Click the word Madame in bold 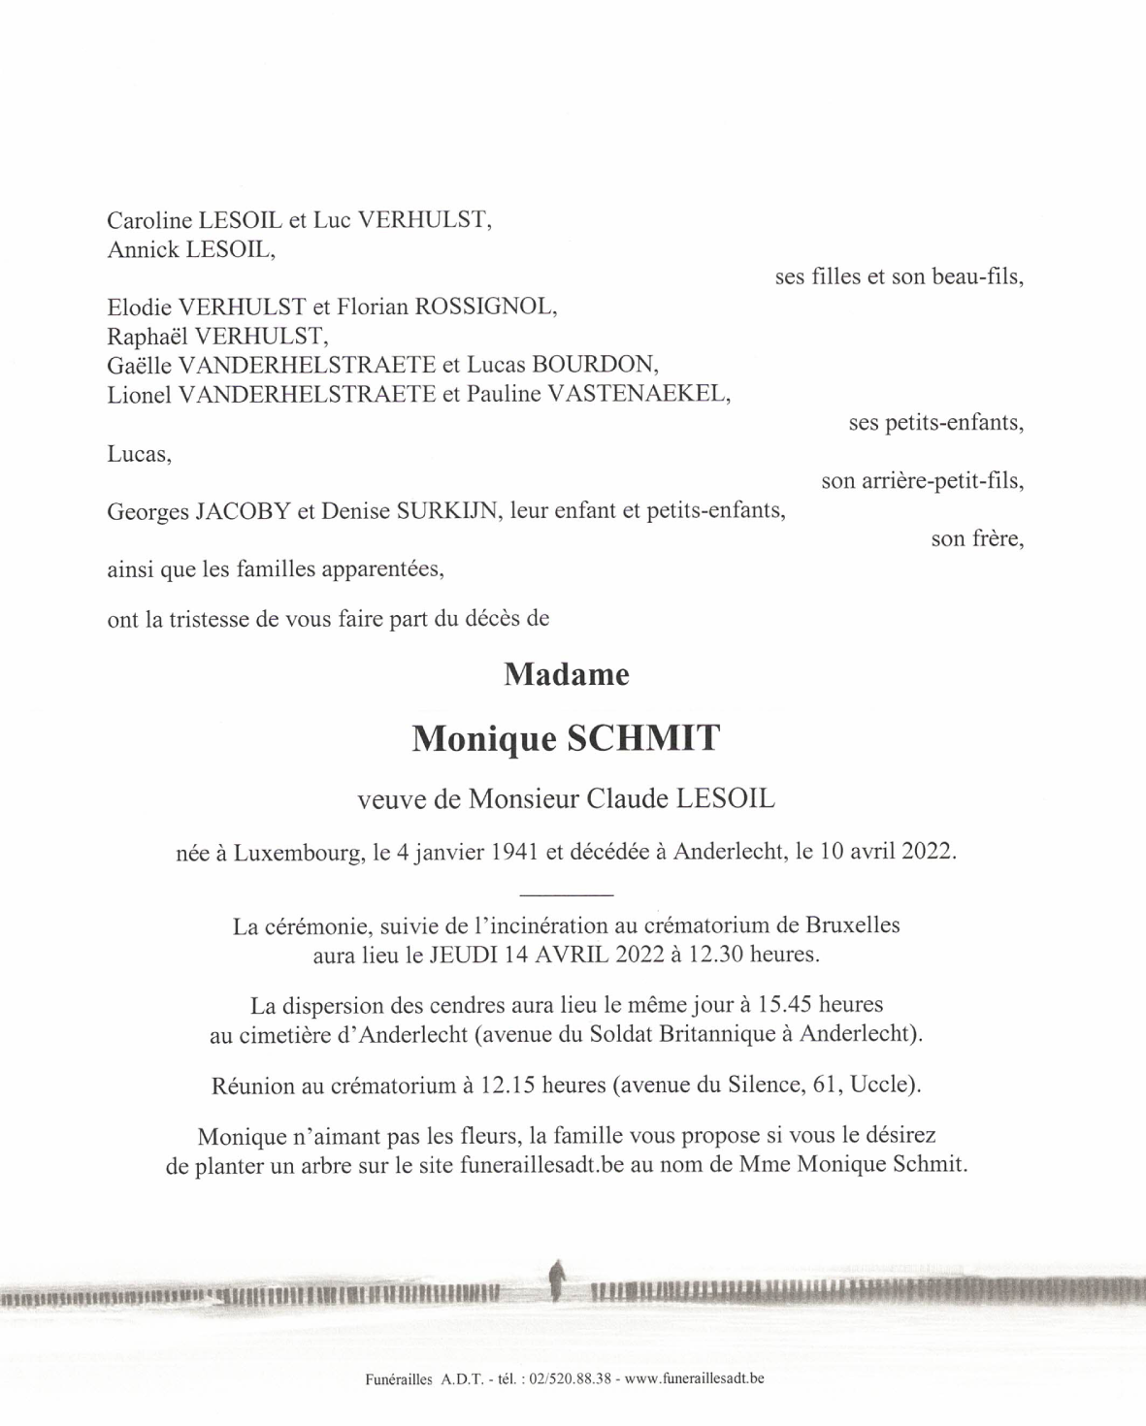[x=567, y=675]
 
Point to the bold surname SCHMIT [x=642, y=739]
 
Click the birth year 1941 [x=515, y=852]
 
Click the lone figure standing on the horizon [x=556, y=1280]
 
